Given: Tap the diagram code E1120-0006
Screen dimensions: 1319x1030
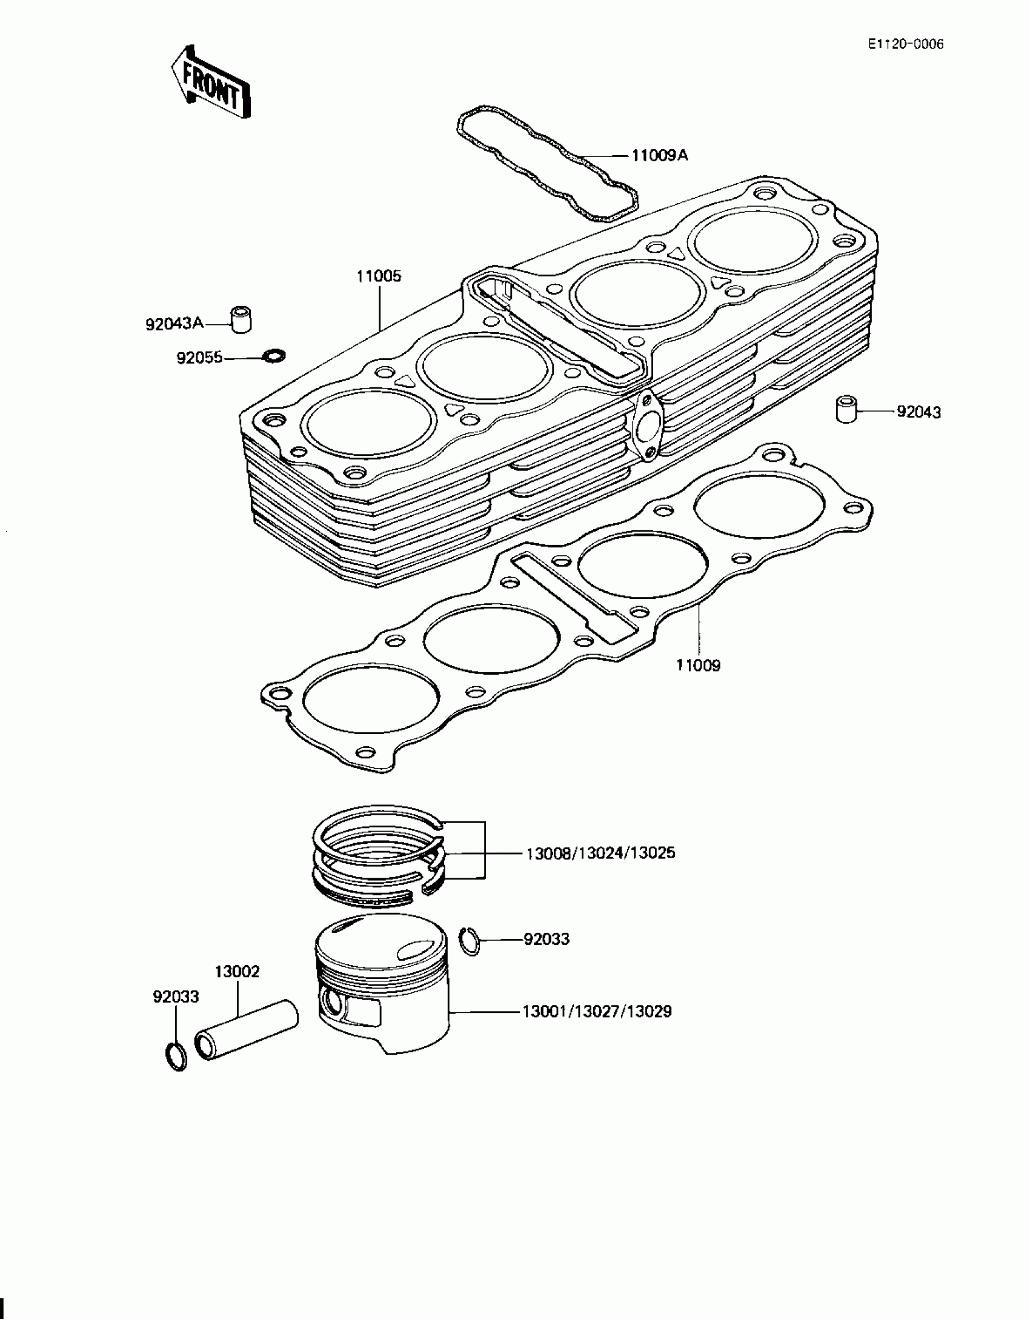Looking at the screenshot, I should [x=905, y=44].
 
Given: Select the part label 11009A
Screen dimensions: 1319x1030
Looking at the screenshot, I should [x=659, y=156].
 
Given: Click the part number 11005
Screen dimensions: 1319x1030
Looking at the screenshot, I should [x=379, y=276].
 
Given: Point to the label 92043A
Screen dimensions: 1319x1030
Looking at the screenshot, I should [x=174, y=324].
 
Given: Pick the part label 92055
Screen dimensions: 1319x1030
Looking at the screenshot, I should [x=199, y=358].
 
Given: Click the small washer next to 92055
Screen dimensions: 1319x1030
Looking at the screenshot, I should [x=274, y=355].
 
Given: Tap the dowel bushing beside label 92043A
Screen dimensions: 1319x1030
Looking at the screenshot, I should [x=241, y=319].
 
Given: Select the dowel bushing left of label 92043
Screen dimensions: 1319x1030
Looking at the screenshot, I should [x=846, y=409].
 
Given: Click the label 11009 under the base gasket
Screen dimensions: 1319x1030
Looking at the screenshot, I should [x=699, y=666].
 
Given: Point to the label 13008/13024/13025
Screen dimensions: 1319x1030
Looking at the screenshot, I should [x=600, y=853].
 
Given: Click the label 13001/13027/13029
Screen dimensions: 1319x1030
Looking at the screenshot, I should [x=597, y=1012].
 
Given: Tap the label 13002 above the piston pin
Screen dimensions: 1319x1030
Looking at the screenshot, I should [x=237, y=972].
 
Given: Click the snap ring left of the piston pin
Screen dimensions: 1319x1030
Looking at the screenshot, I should [x=176, y=1057].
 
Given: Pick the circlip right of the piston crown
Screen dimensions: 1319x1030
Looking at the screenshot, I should [x=469, y=941].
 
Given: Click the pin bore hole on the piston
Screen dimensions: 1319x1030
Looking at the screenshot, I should [x=332, y=1003].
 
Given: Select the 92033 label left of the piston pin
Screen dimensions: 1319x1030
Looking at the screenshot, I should [x=176, y=997].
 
